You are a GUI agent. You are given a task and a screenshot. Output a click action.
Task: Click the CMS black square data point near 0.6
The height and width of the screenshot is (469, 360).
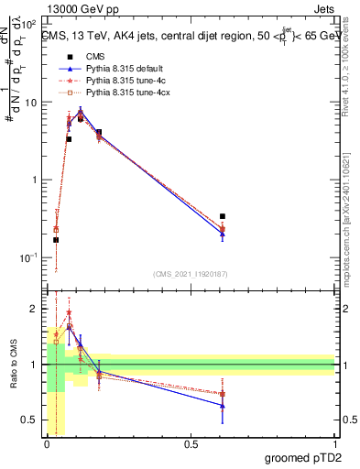coord(223,216)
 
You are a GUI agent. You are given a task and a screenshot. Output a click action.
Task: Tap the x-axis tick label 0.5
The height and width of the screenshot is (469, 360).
coord(191,444)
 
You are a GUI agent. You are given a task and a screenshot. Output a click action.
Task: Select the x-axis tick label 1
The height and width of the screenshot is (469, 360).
coord(334,444)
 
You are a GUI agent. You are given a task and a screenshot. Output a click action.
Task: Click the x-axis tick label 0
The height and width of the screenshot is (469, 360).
coord(47,444)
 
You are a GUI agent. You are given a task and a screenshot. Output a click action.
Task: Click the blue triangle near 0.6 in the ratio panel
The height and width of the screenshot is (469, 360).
coord(223,405)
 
